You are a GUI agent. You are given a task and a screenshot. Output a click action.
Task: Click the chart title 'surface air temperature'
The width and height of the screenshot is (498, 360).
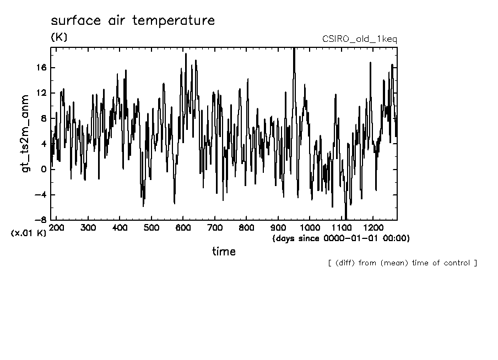pyautogui.click(x=132, y=21)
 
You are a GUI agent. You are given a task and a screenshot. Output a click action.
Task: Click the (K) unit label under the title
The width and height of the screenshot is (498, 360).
pyautogui.click(x=58, y=37)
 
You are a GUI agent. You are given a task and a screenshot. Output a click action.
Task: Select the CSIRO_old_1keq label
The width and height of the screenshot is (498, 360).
pyautogui.click(x=359, y=39)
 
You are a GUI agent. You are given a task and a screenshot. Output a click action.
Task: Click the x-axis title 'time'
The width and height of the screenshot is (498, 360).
pyautogui.click(x=224, y=252)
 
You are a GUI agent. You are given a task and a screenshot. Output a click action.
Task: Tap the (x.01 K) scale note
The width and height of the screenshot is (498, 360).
pyautogui.click(x=29, y=233)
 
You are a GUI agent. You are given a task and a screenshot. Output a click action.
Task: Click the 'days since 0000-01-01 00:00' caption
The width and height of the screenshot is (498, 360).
pyautogui.click(x=341, y=238)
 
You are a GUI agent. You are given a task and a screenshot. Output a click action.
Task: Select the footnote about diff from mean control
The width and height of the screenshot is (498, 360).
pyautogui.click(x=402, y=263)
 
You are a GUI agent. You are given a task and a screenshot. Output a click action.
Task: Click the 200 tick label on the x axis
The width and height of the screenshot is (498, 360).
pyautogui.click(x=56, y=227)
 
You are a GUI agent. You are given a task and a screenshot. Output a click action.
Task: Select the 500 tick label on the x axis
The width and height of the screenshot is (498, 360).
pyautogui.click(x=151, y=227)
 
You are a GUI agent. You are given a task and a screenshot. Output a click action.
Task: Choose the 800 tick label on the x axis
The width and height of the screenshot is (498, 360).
pyautogui.click(x=246, y=227)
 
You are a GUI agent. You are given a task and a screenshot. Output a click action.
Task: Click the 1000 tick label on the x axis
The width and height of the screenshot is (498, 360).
pyautogui.click(x=310, y=227)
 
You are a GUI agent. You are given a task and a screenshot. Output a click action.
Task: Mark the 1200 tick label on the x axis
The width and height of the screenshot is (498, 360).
pyautogui.click(x=373, y=227)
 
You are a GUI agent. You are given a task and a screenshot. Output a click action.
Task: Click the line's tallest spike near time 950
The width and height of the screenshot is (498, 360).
pyautogui.click(x=294, y=49)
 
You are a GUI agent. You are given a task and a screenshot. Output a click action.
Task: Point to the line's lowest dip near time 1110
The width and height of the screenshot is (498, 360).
pyautogui.click(x=346, y=218)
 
